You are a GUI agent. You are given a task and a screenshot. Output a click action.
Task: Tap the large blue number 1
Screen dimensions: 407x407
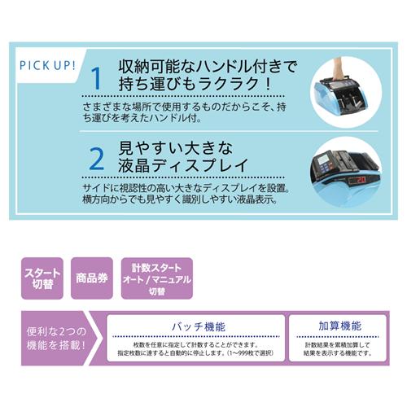click(95, 79)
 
